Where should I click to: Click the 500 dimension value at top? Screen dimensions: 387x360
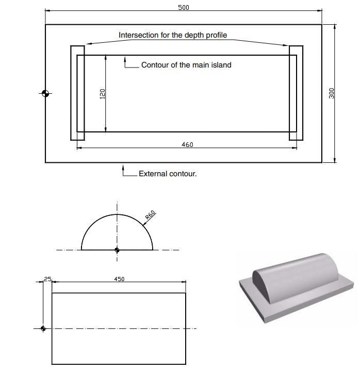[x=183, y=8]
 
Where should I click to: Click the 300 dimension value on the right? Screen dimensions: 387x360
[x=332, y=93]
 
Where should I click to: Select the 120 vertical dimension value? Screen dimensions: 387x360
[x=102, y=93]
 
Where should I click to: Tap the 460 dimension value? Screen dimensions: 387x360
[x=187, y=145]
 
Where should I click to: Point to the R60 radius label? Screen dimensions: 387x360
[x=151, y=215]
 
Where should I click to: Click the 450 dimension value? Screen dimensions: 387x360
[x=119, y=279]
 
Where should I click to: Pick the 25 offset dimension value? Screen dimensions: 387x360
[x=47, y=279]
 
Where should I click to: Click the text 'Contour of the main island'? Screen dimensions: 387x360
[x=186, y=65]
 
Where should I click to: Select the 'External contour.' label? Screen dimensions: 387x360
[x=168, y=174]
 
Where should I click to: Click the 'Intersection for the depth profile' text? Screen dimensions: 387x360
[x=173, y=35]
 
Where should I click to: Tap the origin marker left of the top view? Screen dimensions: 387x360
[x=45, y=93]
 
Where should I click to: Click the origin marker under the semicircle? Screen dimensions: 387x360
[x=117, y=250]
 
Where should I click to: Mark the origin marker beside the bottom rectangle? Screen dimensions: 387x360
[x=43, y=328]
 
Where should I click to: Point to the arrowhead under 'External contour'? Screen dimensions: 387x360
[x=124, y=166]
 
